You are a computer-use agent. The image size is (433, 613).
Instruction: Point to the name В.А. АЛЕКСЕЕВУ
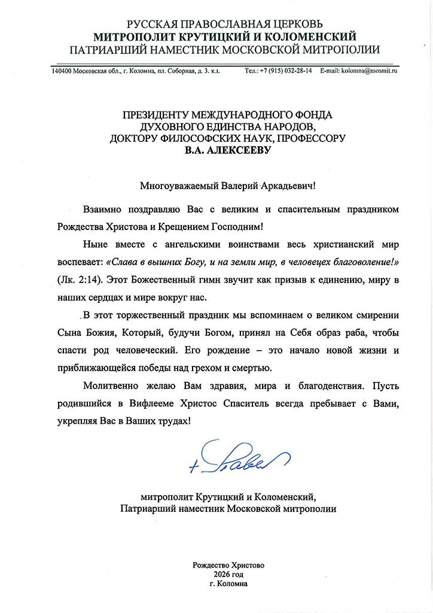pyautogui.click(x=227, y=151)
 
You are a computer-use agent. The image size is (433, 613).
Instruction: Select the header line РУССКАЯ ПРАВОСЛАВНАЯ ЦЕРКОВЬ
pyautogui.click(x=225, y=24)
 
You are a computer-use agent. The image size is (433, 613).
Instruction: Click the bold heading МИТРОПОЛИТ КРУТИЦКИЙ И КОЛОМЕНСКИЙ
pyautogui.click(x=225, y=37)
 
